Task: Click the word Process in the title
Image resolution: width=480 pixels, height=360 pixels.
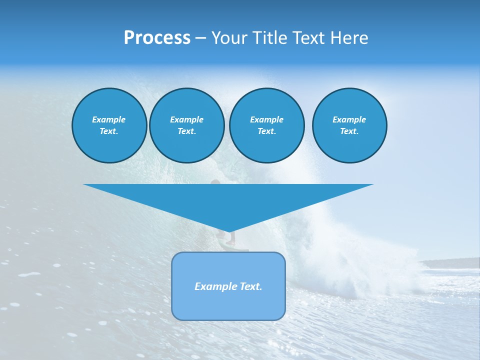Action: (157, 38)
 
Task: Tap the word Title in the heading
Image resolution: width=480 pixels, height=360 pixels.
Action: (269, 38)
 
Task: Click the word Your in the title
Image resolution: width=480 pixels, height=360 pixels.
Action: (229, 38)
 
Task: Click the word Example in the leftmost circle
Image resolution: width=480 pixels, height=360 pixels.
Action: (109, 119)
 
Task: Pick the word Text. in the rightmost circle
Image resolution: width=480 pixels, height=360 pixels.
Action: (349, 131)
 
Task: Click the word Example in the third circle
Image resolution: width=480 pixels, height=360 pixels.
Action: (267, 119)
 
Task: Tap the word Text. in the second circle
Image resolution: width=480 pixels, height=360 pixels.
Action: (187, 131)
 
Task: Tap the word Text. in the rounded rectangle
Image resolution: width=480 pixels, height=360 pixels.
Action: (250, 286)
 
